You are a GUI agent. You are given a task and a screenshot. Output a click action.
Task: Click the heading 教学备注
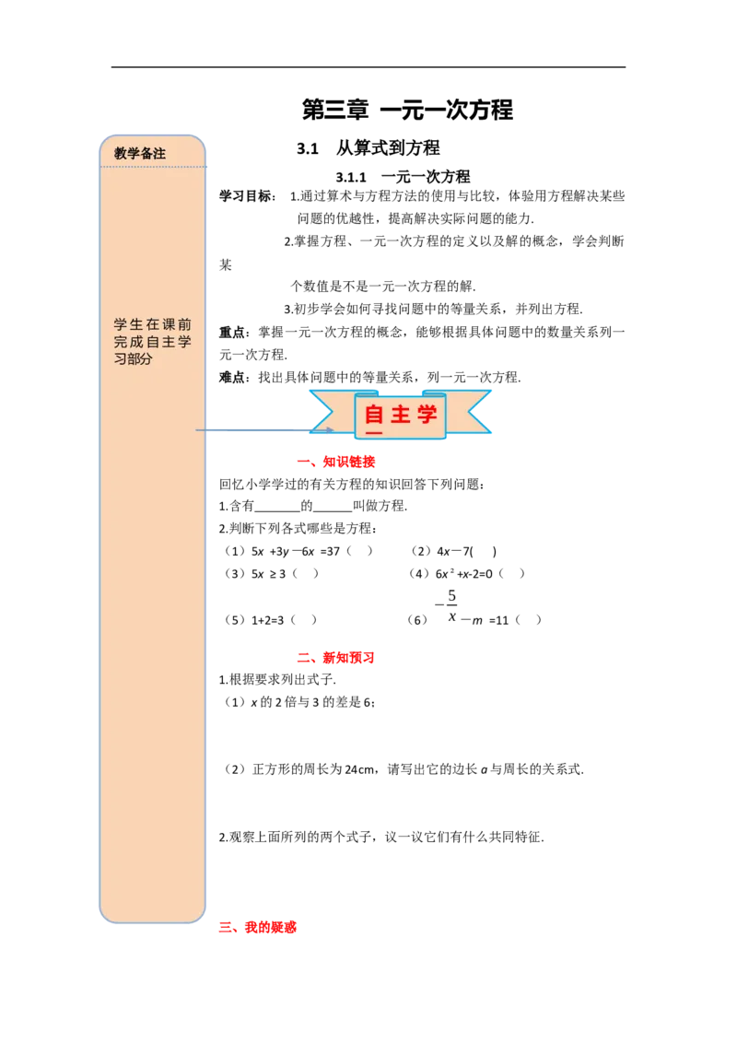coord(140,154)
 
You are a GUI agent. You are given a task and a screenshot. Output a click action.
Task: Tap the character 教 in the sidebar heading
coord(121,154)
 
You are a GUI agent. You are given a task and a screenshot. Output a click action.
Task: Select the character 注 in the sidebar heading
coord(159,154)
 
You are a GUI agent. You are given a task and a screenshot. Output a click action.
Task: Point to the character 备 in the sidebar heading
coord(146,154)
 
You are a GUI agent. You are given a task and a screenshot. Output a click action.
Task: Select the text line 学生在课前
coord(152,324)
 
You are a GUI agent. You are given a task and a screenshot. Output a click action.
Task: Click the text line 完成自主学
coord(152,342)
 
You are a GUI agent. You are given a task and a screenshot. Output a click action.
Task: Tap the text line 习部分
coord(133,359)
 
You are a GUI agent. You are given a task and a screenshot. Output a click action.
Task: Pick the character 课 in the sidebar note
coord(169,324)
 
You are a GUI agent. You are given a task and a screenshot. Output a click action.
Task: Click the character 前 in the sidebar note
coord(185,324)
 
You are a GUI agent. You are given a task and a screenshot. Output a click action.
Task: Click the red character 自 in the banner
coord(374,414)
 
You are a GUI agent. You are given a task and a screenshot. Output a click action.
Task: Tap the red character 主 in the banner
coord(401,414)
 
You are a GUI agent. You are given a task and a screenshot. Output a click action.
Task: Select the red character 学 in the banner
coord(427,414)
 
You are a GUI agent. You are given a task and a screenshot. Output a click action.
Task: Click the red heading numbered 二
coord(335,658)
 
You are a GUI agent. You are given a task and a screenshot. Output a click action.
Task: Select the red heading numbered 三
coord(257,928)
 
